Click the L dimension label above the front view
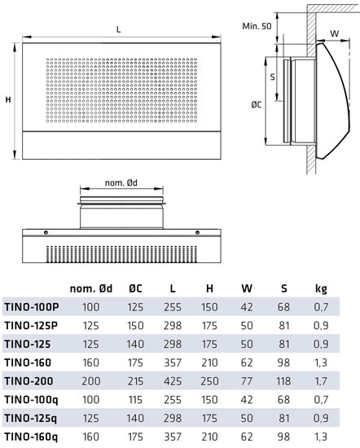click(x=119, y=29)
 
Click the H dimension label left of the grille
click(x=8, y=99)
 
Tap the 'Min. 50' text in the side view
click(x=257, y=26)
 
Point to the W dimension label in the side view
click(x=335, y=34)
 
